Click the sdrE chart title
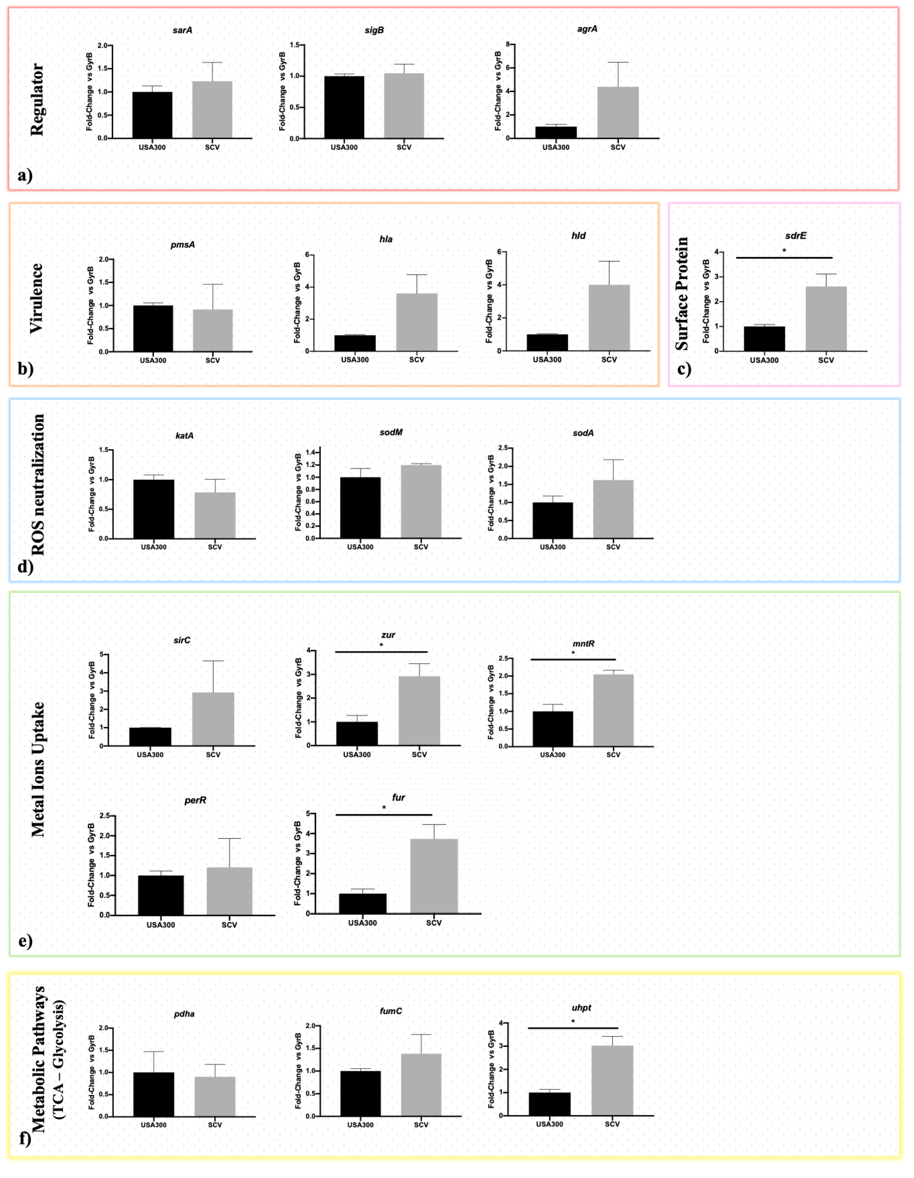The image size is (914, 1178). [795, 236]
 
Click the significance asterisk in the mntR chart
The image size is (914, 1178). [573, 653]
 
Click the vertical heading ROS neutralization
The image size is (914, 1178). [38, 484]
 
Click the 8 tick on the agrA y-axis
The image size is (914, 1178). [507, 45]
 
